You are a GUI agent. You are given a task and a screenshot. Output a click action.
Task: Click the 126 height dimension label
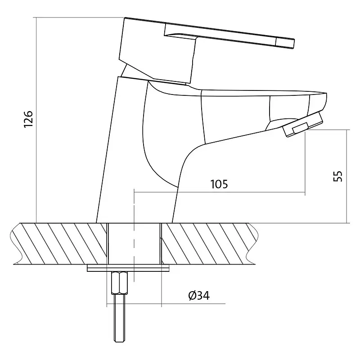coord(29,119)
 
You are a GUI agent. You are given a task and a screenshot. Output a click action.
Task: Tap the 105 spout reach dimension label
coord(219,184)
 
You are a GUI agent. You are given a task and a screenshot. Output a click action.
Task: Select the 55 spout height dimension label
coord(338,176)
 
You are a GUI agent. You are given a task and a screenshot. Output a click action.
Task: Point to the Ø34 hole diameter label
coord(199,296)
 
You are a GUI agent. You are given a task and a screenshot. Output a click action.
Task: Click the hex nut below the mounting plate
coord(119,283)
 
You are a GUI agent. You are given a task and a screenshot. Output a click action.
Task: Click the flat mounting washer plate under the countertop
coord(128,268)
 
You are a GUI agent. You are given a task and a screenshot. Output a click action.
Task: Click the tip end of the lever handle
coord(293,44)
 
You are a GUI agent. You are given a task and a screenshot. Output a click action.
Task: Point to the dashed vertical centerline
coord(134,235)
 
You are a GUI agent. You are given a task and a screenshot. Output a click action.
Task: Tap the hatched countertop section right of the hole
coord(208,243)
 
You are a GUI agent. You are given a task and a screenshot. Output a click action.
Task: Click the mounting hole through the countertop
coord(134,243)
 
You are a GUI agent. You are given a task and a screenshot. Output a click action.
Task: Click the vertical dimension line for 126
coord(36,120)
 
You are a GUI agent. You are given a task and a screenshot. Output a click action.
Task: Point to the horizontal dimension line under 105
coord(220,192)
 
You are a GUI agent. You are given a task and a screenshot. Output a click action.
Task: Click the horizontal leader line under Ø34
coord(166,303)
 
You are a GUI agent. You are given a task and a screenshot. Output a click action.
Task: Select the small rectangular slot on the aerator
coord(300,128)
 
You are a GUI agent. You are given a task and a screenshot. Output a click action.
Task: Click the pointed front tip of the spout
coord(325,94)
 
